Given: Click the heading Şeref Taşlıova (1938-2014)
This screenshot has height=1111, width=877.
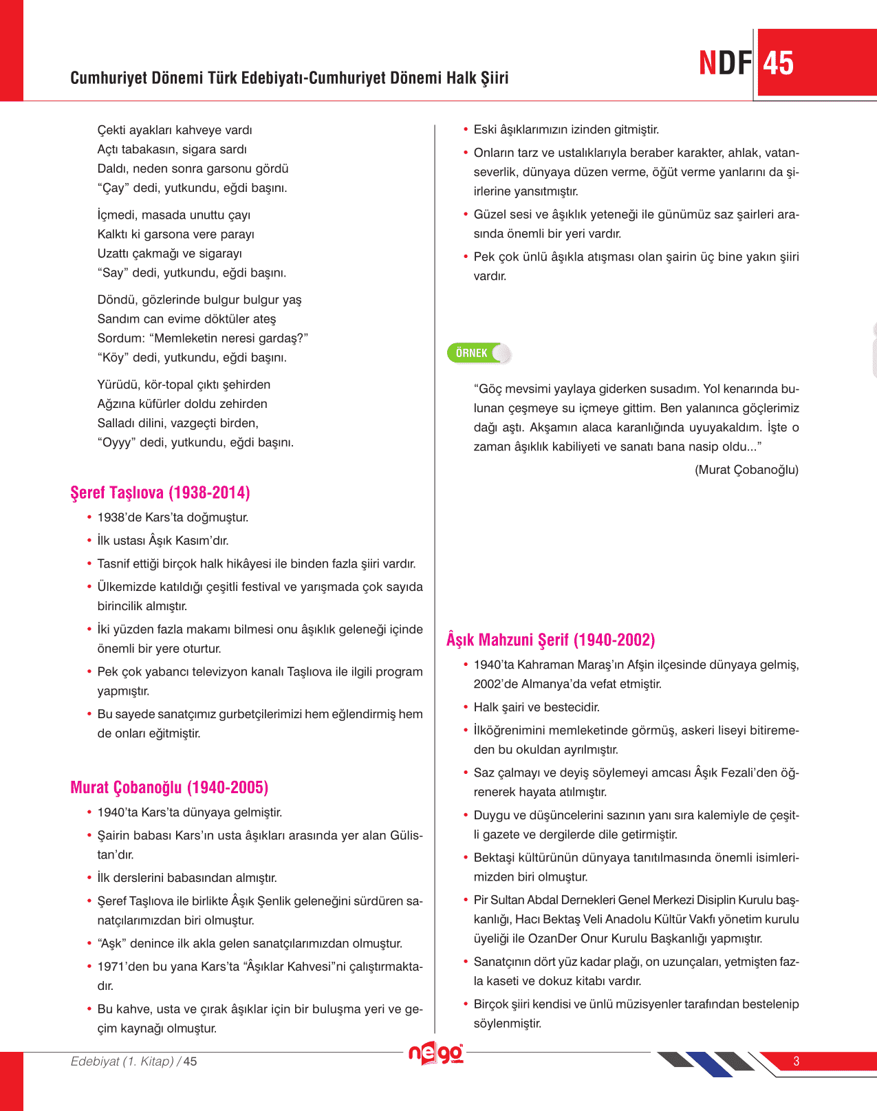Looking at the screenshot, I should click(x=160, y=493).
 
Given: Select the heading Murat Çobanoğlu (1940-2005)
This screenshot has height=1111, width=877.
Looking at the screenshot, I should click(x=169, y=788).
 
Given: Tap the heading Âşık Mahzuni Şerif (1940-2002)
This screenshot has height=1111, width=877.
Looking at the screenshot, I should click(x=550, y=640).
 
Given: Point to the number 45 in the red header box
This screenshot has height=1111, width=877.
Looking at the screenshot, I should click(x=779, y=63).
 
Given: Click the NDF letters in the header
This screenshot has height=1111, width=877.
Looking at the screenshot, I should click(x=725, y=63).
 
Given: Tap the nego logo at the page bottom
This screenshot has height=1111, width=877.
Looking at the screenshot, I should click(x=436, y=1053).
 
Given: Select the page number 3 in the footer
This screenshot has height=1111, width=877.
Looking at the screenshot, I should click(x=796, y=1061).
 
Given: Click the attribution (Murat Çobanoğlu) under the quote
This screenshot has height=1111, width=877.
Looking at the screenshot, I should click(x=746, y=470).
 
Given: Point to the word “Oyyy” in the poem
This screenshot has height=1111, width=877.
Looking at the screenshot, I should click(x=116, y=442).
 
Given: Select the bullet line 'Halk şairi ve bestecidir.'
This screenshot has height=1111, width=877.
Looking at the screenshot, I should click(x=537, y=707).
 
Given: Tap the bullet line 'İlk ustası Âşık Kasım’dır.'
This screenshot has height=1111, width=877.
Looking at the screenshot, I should click(x=163, y=541).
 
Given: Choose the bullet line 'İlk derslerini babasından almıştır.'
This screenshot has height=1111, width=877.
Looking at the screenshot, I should click(x=187, y=878).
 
